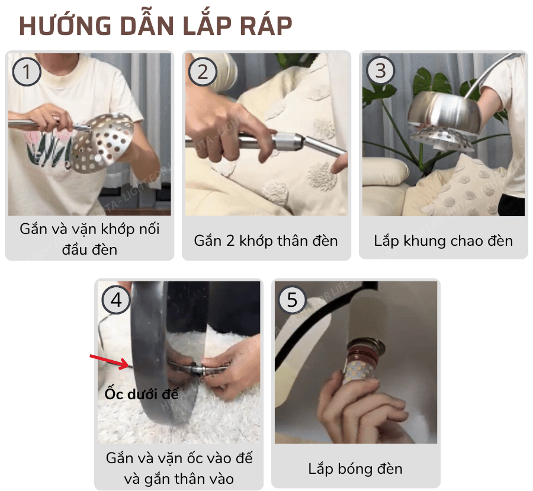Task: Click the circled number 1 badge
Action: (x=26, y=72)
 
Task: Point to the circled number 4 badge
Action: (x=116, y=300)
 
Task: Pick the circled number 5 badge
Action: (x=292, y=300)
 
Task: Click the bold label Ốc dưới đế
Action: (x=142, y=393)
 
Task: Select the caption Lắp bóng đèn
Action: (x=355, y=468)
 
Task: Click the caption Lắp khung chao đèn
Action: (x=443, y=240)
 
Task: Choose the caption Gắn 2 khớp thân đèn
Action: (x=266, y=240)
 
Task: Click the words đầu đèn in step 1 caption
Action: (x=89, y=249)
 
